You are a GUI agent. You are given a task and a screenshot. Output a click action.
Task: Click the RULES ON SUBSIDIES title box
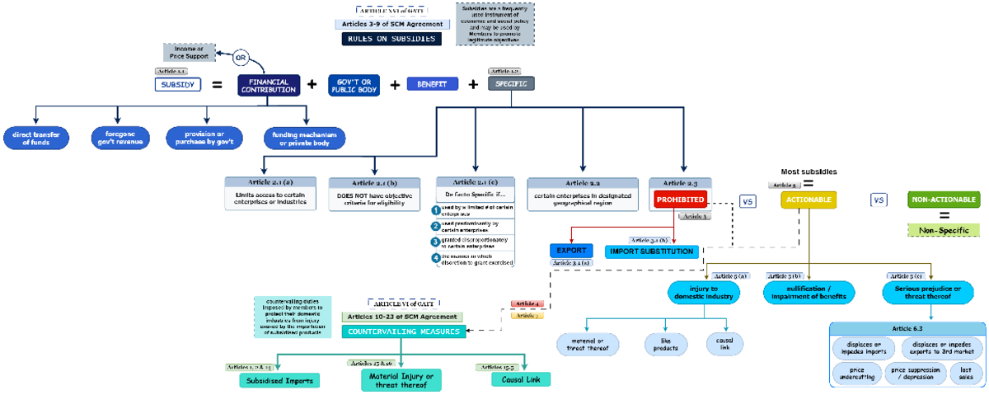tap(391, 39)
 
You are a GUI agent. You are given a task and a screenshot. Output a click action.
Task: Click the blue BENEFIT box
tap(432, 83)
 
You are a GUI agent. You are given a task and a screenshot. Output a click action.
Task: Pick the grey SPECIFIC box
tap(511, 83)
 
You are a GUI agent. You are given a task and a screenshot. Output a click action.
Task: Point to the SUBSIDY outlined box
tap(178, 84)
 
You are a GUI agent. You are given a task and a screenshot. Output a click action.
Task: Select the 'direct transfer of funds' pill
tap(36, 138)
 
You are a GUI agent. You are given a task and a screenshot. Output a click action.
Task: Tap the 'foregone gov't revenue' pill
tap(117, 138)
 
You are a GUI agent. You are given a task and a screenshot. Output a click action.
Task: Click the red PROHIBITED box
tap(681, 200)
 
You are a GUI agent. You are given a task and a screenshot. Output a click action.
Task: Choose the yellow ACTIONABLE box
tap(809, 200)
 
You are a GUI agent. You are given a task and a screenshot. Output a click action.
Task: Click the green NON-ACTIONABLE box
tap(944, 200)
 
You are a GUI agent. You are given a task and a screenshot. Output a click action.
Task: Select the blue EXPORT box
tap(571, 251)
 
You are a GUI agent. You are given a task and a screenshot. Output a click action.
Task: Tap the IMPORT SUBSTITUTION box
tap(652, 251)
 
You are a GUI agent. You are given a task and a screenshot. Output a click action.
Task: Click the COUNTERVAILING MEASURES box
tap(403, 332)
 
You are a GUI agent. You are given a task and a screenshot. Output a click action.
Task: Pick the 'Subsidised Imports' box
tap(279, 380)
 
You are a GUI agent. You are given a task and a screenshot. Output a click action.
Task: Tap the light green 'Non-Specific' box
tap(944, 231)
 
